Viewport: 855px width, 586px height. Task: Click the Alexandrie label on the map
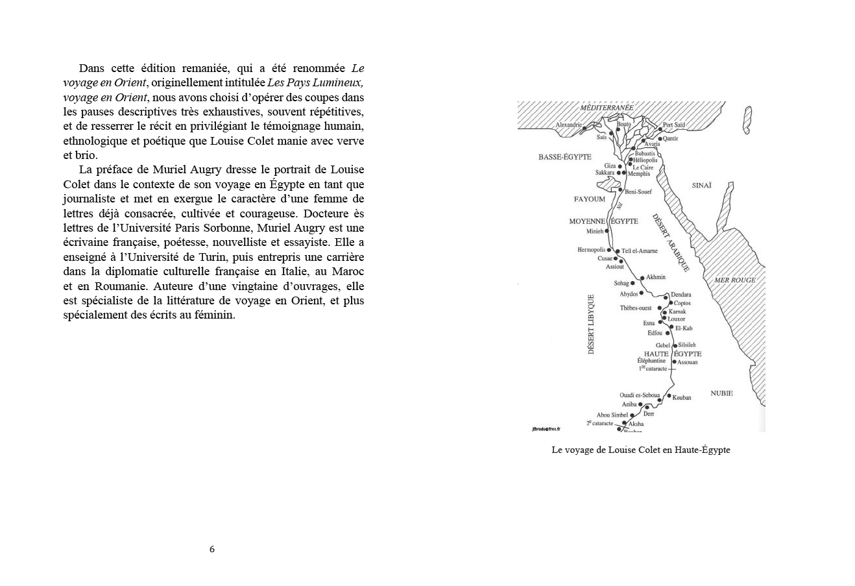(x=569, y=125)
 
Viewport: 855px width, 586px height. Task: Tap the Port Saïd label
(x=674, y=125)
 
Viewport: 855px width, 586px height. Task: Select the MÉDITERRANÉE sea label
(x=607, y=108)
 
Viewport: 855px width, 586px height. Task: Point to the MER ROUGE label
(x=735, y=280)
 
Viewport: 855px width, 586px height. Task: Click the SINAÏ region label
(x=701, y=186)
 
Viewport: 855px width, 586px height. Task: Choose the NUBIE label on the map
(x=721, y=393)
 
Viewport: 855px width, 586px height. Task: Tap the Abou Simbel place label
(x=612, y=415)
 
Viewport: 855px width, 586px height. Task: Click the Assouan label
(x=688, y=362)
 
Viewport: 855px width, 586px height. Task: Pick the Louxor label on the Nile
(x=676, y=319)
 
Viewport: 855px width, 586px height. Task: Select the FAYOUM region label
(x=589, y=199)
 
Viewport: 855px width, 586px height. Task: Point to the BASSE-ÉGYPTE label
(x=564, y=157)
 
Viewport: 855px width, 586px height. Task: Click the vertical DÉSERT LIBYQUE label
(x=591, y=324)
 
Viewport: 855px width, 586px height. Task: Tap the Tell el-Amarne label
(x=640, y=251)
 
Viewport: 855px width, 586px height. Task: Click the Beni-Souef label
(x=638, y=191)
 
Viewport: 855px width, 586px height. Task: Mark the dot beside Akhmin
(x=642, y=278)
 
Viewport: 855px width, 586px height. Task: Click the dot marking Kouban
(x=669, y=397)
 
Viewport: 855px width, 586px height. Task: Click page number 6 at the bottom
(x=212, y=549)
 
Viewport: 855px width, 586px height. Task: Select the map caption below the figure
(x=640, y=450)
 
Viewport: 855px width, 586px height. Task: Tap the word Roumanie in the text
(x=108, y=286)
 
